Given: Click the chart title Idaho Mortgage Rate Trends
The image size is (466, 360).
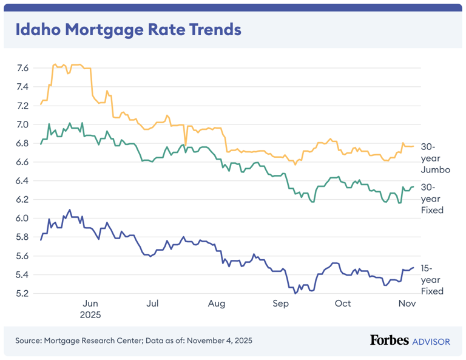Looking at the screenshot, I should [128, 30].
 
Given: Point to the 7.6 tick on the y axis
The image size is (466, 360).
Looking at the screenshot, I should [22, 68].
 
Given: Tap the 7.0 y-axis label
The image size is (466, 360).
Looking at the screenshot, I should [22, 124].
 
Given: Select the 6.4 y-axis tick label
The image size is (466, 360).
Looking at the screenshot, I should [22, 181].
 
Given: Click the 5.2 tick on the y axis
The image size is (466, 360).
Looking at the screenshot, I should [22, 294].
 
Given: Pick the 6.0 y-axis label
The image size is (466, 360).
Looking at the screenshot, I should [22, 219].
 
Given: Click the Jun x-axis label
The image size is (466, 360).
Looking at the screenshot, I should [90, 304].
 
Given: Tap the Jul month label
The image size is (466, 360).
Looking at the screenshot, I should [153, 304].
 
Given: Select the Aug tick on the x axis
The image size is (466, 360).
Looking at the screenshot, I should [216, 304].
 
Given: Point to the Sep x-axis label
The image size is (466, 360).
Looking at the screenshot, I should [280, 304].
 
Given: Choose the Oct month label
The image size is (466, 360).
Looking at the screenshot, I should [343, 304].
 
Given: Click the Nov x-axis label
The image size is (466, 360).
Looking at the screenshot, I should [405, 304].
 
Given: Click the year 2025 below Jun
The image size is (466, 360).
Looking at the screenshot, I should [90, 315].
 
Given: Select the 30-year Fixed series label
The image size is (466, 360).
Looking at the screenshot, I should [433, 199].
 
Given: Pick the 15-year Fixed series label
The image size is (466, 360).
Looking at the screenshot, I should [433, 279].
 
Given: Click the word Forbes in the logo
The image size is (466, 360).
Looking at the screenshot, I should [389, 341].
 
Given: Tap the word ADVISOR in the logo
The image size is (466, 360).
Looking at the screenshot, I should [431, 341].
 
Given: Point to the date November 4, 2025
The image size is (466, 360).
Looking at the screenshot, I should [220, 341].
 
